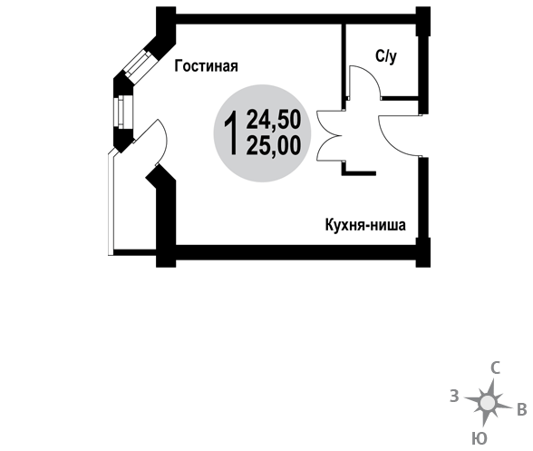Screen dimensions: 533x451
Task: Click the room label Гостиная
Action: tap(206, 66)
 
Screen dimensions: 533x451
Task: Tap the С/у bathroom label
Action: tap(386, 56)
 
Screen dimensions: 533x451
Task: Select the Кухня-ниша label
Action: tap(365, 225)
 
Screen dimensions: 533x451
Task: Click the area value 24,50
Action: tap(274, 120)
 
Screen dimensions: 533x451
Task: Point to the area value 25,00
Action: tap(274, 145)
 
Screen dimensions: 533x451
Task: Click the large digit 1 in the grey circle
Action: tap(231, 133)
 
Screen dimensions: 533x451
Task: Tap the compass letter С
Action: tap(495, 368)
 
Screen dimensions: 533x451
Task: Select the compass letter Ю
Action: tap(480, 438)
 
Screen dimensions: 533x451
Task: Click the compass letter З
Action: tap(454, 397)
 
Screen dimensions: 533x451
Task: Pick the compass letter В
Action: tap(522, 409)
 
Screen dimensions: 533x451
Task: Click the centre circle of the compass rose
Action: tap(488, 403)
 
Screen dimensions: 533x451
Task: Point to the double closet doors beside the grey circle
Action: tap(327, 135)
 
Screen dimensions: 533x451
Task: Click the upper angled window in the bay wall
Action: tap(138, 64)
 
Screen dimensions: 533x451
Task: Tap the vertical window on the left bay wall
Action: tap(120, 112)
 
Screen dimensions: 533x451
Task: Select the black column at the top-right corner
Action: tap(423, 21)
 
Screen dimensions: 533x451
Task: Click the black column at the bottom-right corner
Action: tap(423, 252)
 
